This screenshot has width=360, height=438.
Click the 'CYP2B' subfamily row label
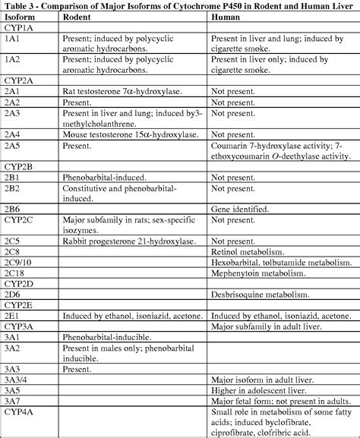(x=20, y=165)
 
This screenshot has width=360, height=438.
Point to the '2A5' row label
(x=12, y=143)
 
